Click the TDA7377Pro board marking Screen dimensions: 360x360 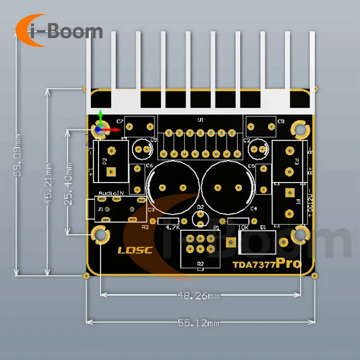point(267,264)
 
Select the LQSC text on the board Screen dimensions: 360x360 point(135,250)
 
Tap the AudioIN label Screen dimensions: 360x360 point(111,193)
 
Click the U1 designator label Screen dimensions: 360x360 point(201,120)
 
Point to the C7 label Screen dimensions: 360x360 point(120,121)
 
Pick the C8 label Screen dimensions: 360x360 point(281,121)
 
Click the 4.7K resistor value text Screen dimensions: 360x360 point(172,227)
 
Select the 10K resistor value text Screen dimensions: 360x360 point(243,227)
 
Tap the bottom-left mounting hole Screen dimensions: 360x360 point(100,235)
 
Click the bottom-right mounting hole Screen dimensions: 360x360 point(300,235)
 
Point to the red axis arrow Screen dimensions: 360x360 point(114,129)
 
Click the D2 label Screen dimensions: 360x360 point(201,207)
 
